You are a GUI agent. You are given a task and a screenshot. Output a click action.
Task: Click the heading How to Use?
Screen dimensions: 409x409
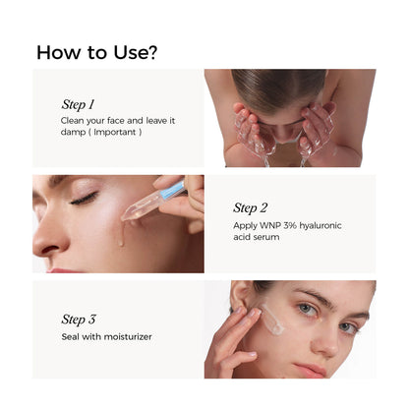click(96, 51)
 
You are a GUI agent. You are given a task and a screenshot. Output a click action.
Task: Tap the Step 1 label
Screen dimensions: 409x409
click(78, 103)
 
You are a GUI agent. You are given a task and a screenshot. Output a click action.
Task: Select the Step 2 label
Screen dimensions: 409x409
click(250, 207)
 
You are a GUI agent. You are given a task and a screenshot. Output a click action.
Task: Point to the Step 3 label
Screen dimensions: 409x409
click(78, 319)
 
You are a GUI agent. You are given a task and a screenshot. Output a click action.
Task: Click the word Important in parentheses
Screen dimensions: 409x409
click(115, 131)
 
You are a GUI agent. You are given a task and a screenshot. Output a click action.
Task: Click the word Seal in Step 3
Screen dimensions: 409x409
click(70, 336)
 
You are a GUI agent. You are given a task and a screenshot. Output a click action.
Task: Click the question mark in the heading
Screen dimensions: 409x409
click(151, 51)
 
